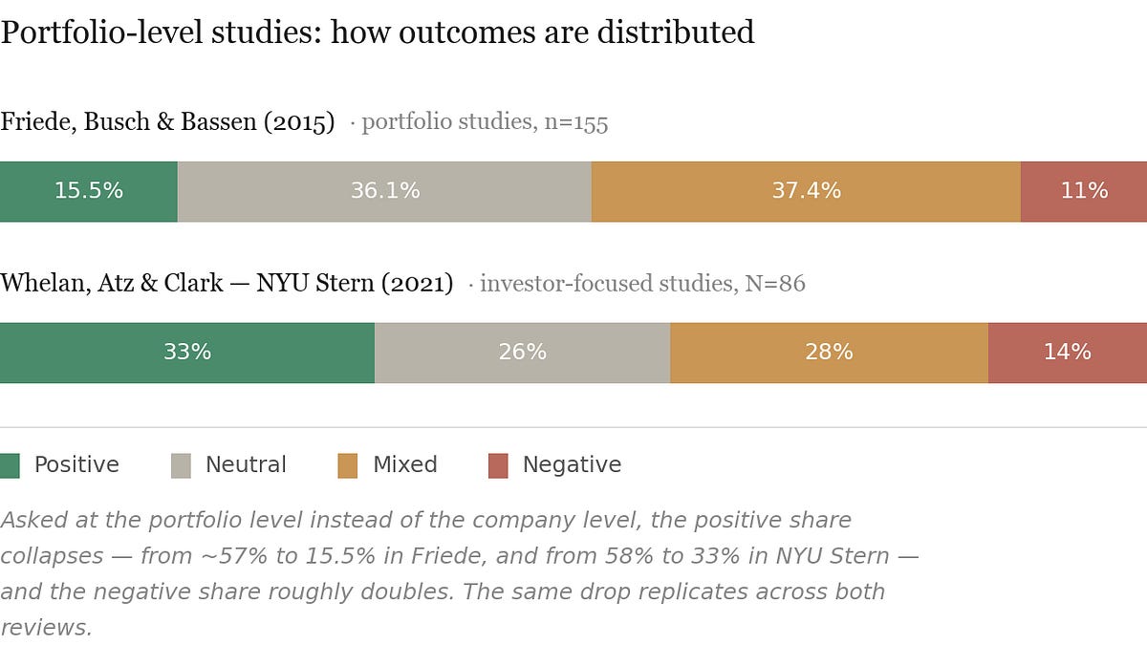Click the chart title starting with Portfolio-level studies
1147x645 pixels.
(378, 32)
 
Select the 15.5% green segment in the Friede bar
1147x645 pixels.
(88, 191)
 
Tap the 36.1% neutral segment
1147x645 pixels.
(384, 191)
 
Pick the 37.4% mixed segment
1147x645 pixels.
(806, 191)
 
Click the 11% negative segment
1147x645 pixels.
(1084, 191)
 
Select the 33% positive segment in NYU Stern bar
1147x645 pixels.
(186, 353)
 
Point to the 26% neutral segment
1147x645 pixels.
(522, 353)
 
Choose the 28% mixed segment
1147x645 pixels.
(829, 353)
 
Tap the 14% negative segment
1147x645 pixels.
(1067, 353)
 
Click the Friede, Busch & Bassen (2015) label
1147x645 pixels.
(167, 122)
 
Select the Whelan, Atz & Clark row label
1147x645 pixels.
(227, 284)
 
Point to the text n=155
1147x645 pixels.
(575, 123)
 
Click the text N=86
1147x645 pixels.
(775, 284)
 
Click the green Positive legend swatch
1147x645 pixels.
(10, 465)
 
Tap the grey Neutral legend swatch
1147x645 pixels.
(181, 465)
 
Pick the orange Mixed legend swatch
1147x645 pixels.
(348, 465)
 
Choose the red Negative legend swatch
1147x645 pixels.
(498, 465)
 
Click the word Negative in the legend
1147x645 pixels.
(572, 465)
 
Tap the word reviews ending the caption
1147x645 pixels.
(45, 627)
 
